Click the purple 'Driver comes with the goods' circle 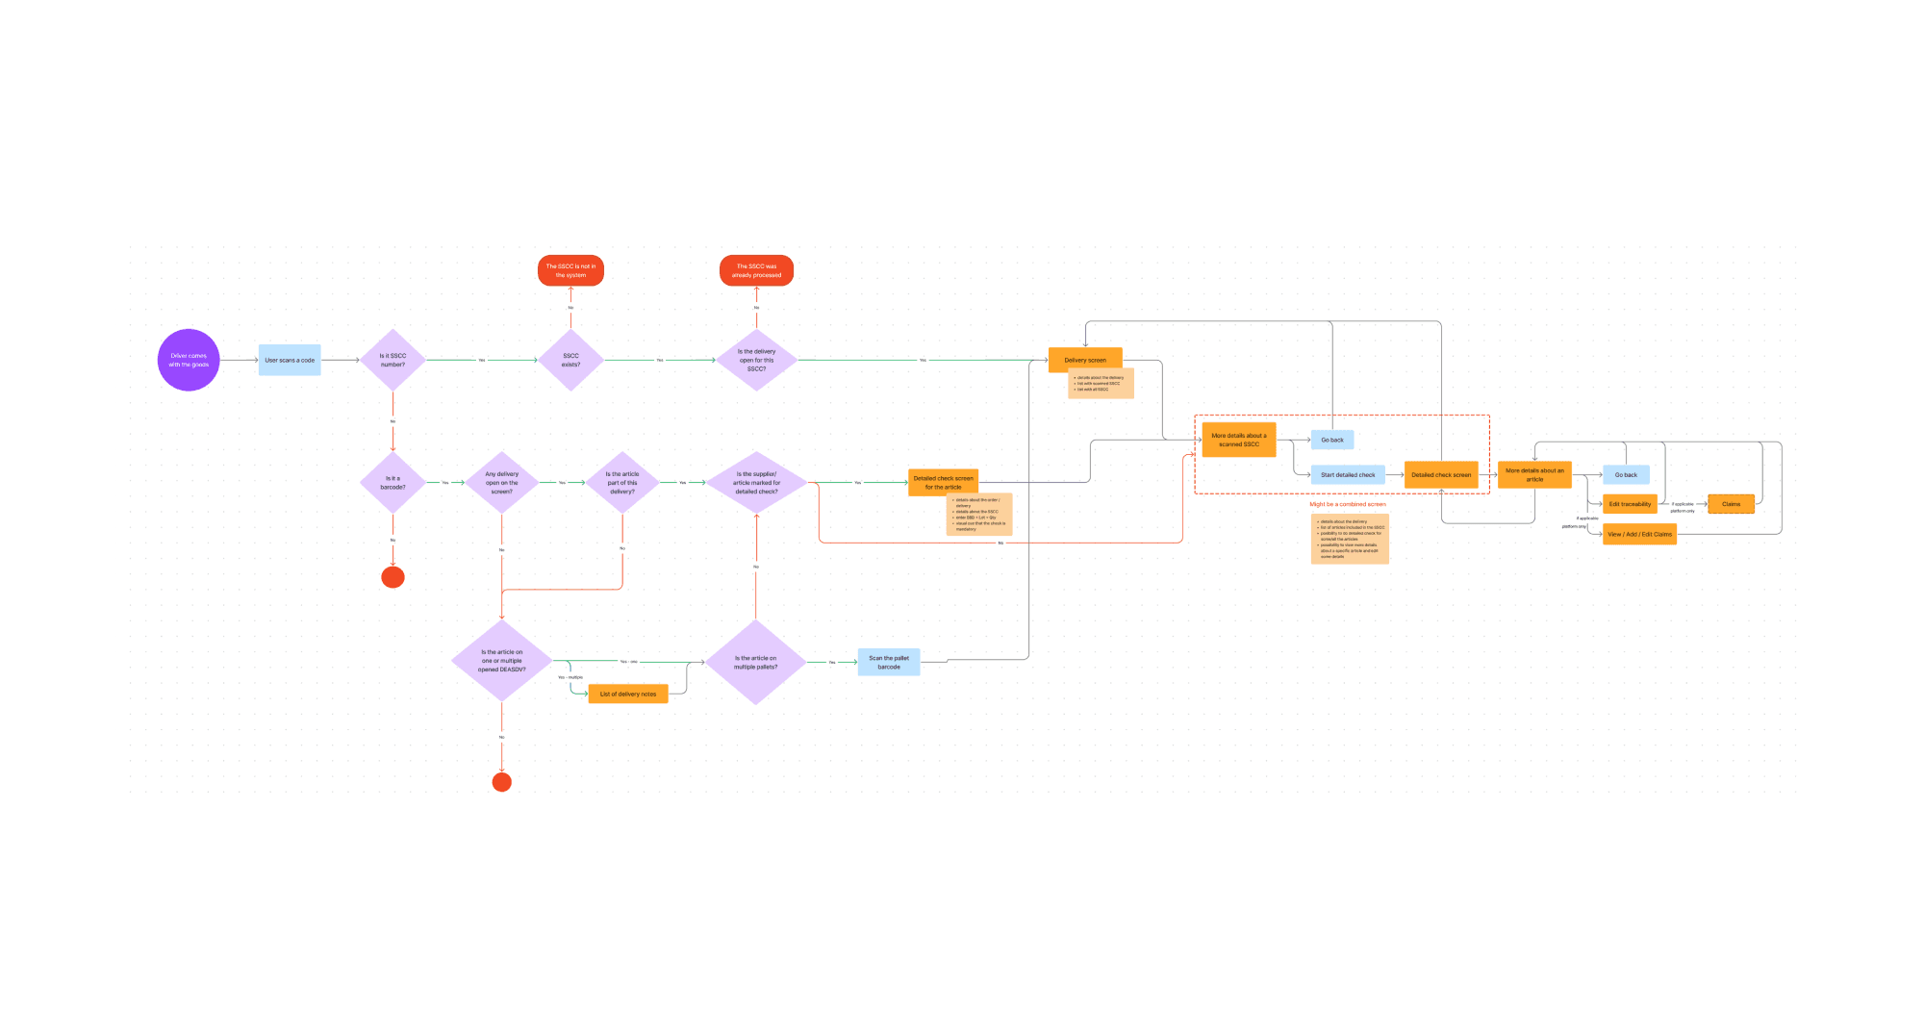point(189,360)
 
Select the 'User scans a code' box point(290,360)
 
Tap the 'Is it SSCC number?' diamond point(392,360)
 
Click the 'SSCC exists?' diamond point(570,360)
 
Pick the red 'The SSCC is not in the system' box point(570,270)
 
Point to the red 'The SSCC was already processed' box point(756,270)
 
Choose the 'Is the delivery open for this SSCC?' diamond point(756,360)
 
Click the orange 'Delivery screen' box point(1085,360)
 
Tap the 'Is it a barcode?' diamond point(392,482)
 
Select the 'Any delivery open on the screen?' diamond point(501,482)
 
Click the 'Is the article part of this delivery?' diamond point(621,482)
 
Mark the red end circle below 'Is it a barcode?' point(392,577)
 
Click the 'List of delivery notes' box point(627,694)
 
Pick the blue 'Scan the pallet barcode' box point(889,662)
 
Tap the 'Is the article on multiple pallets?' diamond point(755,662)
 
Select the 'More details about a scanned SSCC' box point(1239,440)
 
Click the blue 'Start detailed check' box point(1348,474)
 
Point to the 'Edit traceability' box point(1630,504)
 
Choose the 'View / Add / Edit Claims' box point(1639,534)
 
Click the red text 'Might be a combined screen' point(1347,504)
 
